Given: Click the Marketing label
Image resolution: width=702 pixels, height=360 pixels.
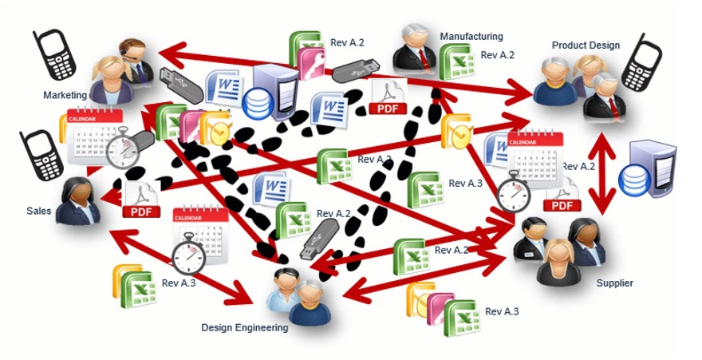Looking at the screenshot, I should point(65,95).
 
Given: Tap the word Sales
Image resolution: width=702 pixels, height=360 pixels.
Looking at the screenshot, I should point(38,212).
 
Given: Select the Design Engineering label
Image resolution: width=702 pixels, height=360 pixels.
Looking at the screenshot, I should point(245,327).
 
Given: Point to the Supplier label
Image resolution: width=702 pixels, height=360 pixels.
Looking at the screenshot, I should point(614,283).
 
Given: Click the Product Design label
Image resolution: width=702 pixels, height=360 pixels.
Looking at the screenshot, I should point(586,45).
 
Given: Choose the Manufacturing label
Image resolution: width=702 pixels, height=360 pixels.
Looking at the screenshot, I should point(471,36).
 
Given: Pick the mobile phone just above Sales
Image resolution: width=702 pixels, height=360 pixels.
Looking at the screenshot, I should point(41,156).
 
